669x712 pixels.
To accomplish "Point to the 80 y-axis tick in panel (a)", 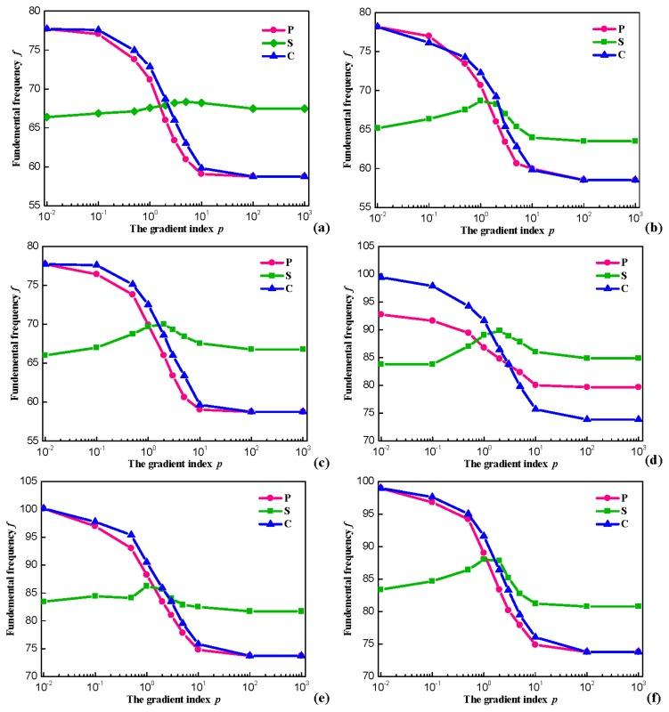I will click(x=33, y=11).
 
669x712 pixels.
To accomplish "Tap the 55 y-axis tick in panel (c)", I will click(x=33, y=441).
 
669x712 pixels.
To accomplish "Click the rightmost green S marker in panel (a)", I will click(x=305, y=109).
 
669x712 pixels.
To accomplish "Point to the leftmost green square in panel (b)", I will click(x=379, y=128).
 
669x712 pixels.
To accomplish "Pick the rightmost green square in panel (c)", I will click(x=305, y=349).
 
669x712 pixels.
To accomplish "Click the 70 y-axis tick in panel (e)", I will click(x=33, y=676).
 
